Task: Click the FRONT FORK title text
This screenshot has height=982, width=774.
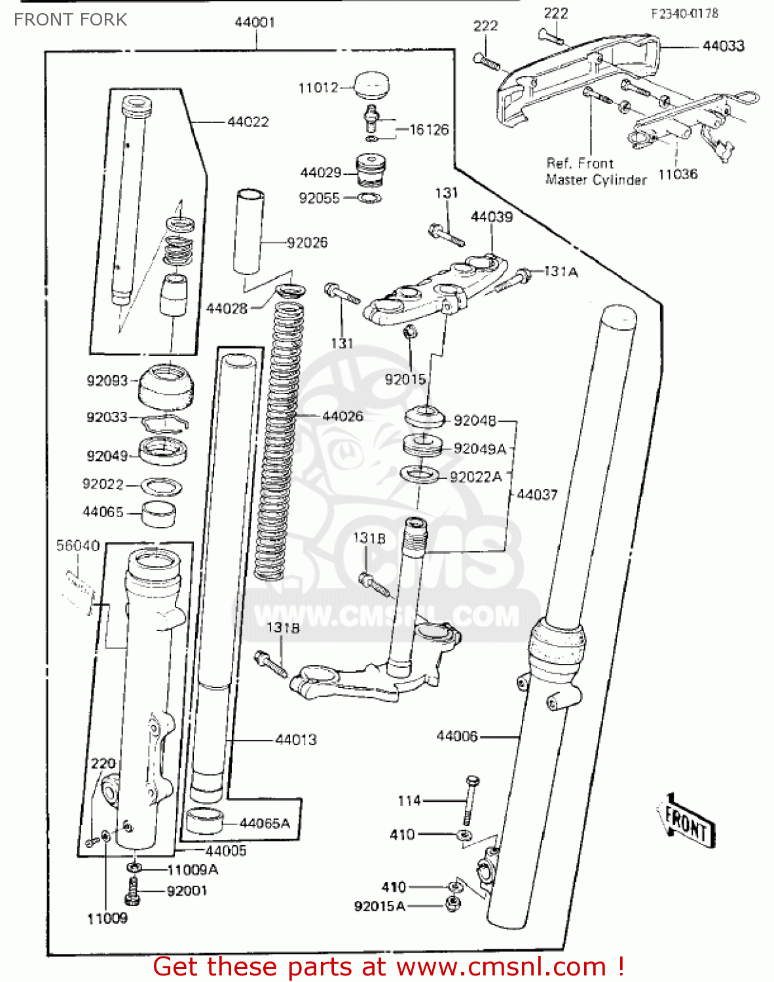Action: [x=70, y=20]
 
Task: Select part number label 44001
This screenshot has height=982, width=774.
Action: [x=255, y=22]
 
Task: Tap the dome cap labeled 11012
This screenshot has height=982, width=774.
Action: [x=371, y=85]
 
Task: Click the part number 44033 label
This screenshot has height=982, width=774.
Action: [x=723, y=46]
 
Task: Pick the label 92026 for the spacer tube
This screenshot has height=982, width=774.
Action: [x=307, y=243]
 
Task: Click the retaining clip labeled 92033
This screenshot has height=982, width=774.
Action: [x=166, y=424]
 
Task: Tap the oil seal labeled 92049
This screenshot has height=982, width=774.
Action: [x=165, y=452]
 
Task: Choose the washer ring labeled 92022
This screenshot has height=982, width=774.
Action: [x=161, y=486]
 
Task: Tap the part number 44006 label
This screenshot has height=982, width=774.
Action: [x=457, y=736]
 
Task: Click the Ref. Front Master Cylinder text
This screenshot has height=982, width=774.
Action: [x=595, y=172]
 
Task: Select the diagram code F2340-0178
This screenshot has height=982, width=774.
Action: [x=684, y=13]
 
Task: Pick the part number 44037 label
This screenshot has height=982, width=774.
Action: [x=537, y=495]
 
